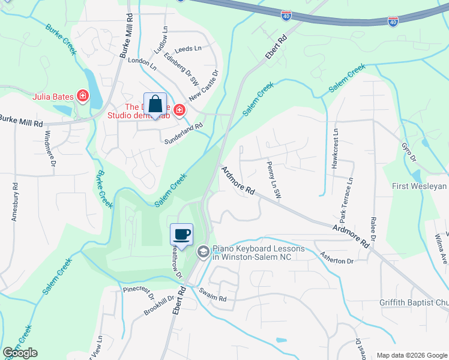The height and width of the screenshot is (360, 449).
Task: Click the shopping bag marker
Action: coord(155,105)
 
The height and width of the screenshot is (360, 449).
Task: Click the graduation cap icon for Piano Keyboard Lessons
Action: coord(203,252)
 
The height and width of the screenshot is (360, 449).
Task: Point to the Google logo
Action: coord(20,353)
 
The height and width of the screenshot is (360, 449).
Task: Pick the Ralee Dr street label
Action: coord(373,230)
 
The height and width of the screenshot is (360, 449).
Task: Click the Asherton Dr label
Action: coord(337,258)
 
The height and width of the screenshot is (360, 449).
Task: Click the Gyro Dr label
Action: coord(411,152)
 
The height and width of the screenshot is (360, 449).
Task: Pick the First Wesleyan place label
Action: coord(420,186)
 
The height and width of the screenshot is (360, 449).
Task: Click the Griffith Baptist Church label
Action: coord(414,302)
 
